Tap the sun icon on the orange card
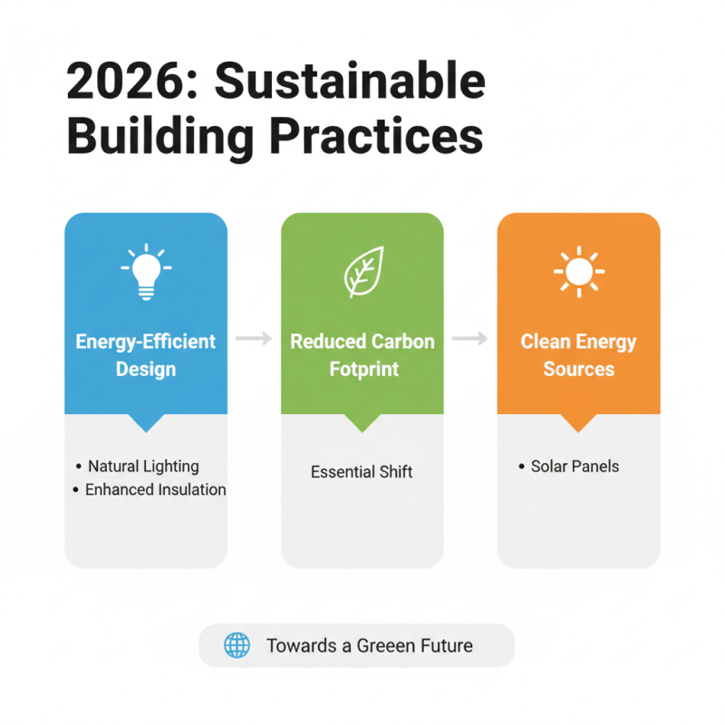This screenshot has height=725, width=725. (x=578, y=270)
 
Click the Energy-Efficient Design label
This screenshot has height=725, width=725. (x=146, y=355)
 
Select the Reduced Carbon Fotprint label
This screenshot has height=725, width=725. (x=362, y=355)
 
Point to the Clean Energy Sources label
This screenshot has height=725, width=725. (x=578, y=355)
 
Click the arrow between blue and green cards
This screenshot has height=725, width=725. (x=254, y=339)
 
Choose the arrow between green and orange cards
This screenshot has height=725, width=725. (x=470, y=339)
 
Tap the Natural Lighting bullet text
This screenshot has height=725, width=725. (x=143, y=467)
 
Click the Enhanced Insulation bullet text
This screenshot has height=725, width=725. (x=155, y=489)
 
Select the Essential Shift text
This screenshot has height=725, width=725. (x=362, y=472)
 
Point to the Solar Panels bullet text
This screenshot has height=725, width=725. (x=575, y=467)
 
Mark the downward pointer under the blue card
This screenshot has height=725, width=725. (x=146, y=422)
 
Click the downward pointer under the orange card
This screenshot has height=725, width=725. (x=578, y=422)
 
